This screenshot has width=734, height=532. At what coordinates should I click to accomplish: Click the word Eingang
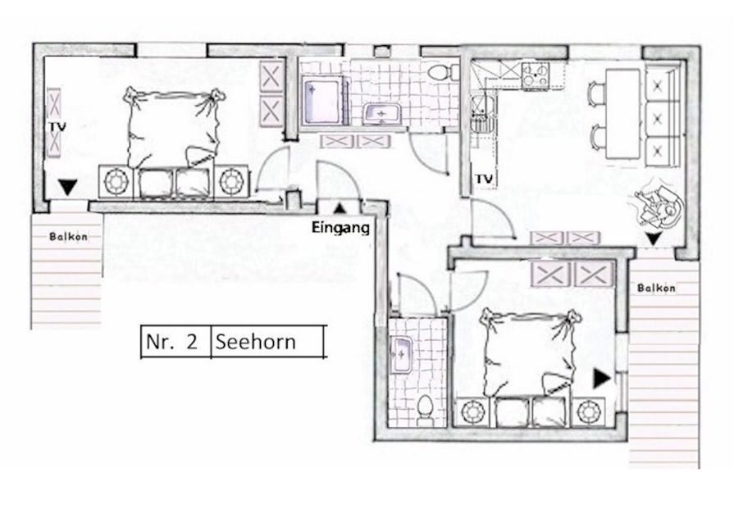coord(340,228)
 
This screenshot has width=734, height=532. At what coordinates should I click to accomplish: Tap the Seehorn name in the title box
coord(256,342)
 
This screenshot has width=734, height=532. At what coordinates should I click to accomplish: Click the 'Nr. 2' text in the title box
coord(171,342)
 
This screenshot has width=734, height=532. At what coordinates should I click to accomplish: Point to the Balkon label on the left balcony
coord(68,237)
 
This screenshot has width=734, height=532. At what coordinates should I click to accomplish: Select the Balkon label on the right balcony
coord(656,289)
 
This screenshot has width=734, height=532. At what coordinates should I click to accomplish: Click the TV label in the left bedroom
coord(57,127)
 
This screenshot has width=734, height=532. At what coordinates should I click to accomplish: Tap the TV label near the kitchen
coord(485,179)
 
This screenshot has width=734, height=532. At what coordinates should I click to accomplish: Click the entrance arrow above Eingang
coord(340,208)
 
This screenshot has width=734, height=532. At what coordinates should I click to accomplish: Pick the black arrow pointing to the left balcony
coord(68,188)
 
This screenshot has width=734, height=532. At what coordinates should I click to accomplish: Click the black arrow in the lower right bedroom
coord(601,379)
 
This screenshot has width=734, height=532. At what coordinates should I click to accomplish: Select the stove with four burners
coord(536,75)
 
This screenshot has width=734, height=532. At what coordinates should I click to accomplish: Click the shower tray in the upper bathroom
coord(323,101)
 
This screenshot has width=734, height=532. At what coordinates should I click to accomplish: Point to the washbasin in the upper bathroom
coord(382,114)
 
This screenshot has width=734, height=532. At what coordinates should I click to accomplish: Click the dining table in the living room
coord(623,114)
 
